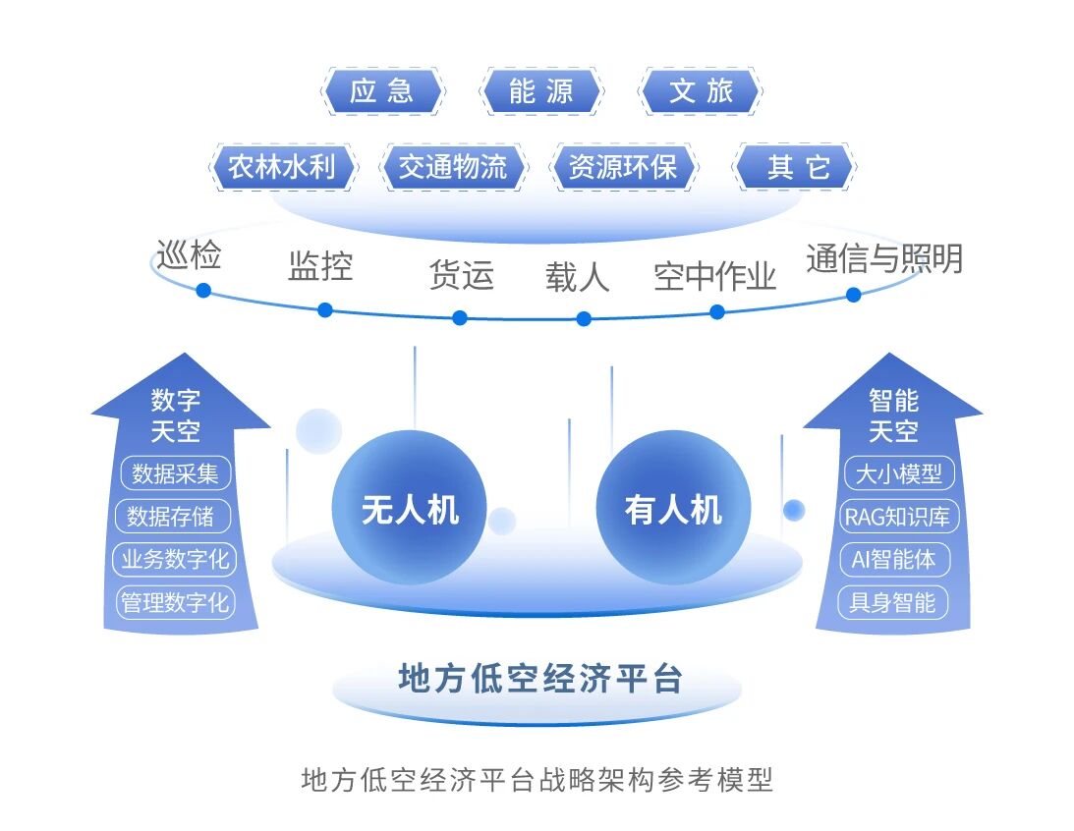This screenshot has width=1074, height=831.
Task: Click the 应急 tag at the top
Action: tap(382, 92)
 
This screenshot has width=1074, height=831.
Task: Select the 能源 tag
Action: tap(540, 92)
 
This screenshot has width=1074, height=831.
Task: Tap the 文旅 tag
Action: tap(701, 92)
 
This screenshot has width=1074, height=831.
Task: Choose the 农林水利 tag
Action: tap(282, 167)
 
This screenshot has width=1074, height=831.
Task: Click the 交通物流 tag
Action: tap(453, 167)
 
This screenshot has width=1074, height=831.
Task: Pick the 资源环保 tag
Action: tap(623, 167)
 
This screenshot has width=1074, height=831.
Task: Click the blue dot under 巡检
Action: tap(203, 290)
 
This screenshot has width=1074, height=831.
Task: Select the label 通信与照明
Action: tap(883, 258)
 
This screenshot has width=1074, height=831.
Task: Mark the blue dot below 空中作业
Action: tap(717, 311)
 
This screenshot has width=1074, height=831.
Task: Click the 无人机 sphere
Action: tap(410, 509)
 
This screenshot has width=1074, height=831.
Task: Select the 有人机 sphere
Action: tap(673, 509)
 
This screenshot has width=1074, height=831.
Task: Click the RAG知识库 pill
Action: tap(895, 517)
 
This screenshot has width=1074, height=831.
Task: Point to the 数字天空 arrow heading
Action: tap(176, 415)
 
